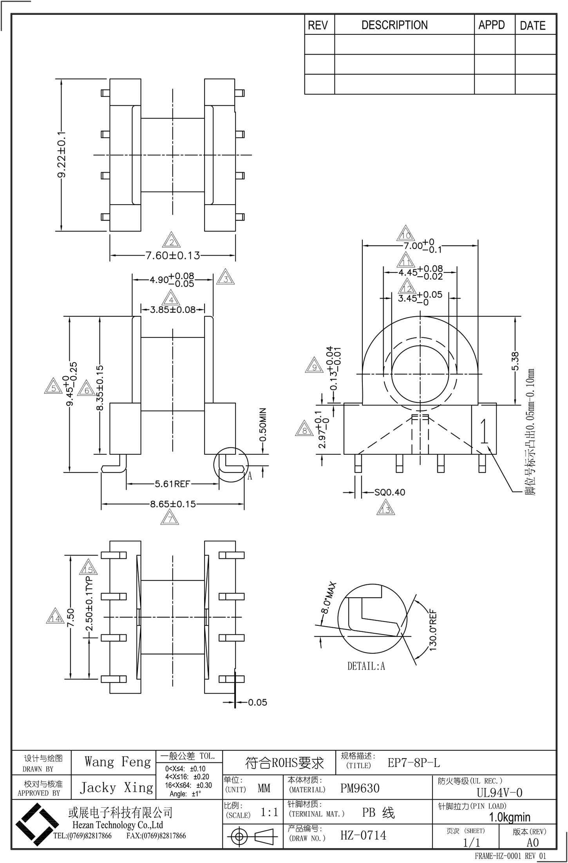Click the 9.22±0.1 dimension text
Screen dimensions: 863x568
pos(62,155)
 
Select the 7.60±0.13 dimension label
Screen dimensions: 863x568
pos(173,256)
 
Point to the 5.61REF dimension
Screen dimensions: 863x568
pos(172,484)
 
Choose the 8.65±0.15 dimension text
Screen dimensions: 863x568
pos(173,504)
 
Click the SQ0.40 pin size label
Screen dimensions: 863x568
pos(389,492)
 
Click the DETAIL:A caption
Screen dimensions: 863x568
pos(366,666)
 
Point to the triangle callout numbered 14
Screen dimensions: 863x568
pos(55,618)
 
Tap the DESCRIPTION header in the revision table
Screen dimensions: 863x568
pos(394,25)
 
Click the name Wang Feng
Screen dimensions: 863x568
pos(118,770)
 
